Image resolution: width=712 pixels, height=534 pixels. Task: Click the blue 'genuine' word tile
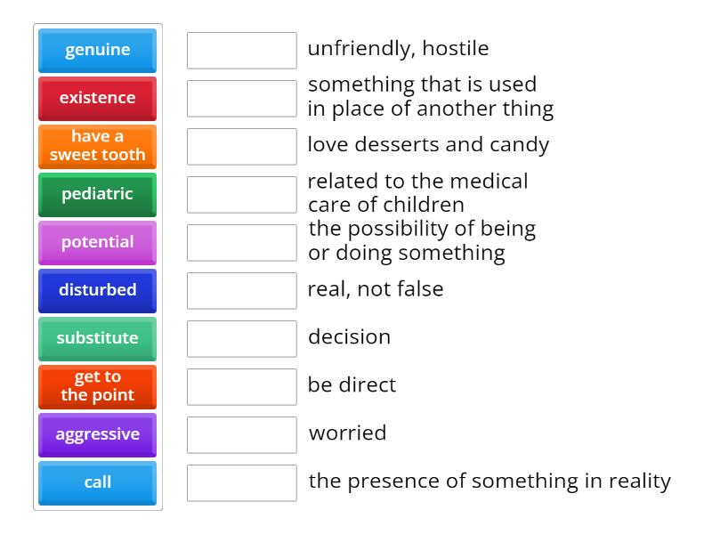click(x=97, y=50)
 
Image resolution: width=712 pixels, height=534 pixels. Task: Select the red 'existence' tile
click(x=97, y=98)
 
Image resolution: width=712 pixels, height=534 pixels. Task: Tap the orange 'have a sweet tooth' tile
click(x=97, y=146)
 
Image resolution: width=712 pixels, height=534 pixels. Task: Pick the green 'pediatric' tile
click(x=97, y=194)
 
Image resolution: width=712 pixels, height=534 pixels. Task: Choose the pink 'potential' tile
click(x=97, y=242)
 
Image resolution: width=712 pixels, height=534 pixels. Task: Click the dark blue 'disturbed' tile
click(x=97, y=290)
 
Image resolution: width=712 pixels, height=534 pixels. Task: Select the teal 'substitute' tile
click(x=97, y=338)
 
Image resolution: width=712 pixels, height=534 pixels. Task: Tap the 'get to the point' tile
click(x=97, y=386)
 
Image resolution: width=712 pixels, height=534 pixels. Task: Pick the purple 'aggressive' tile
click(x=97, y=434)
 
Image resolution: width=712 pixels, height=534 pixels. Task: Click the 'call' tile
click(x=97, y=482)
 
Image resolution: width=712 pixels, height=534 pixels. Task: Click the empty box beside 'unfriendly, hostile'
click(x=241, y=50)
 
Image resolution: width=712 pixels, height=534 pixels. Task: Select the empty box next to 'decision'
click(x=241, y=338)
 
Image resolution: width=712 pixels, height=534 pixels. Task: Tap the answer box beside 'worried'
click(x=241, y=434)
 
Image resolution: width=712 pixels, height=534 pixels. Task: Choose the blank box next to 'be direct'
click(x=241, y=386)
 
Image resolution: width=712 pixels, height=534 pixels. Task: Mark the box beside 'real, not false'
click(x=241, y=290)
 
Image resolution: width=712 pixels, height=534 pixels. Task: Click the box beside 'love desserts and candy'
click(x=241, y=146)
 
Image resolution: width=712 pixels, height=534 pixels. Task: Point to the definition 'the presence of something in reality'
click(x=489, y=481)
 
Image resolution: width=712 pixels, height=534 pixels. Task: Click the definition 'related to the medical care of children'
click(x=417, y=193)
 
